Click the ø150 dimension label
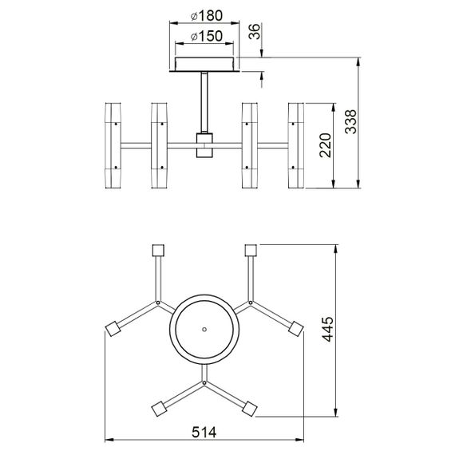click(x=205, y=37)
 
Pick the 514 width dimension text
click(x=205, y=432)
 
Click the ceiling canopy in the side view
click(x=206, y=64)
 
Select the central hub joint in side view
click(x=206, y=145)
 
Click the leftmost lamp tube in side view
click(x=113, y=145)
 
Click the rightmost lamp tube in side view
click(x=298, y=145)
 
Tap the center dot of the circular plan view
click(x=205, y=328)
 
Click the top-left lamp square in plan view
click(x=156, y=248)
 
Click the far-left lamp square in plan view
click(x=111, y=328)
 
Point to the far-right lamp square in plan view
click(x=299, y=328)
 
